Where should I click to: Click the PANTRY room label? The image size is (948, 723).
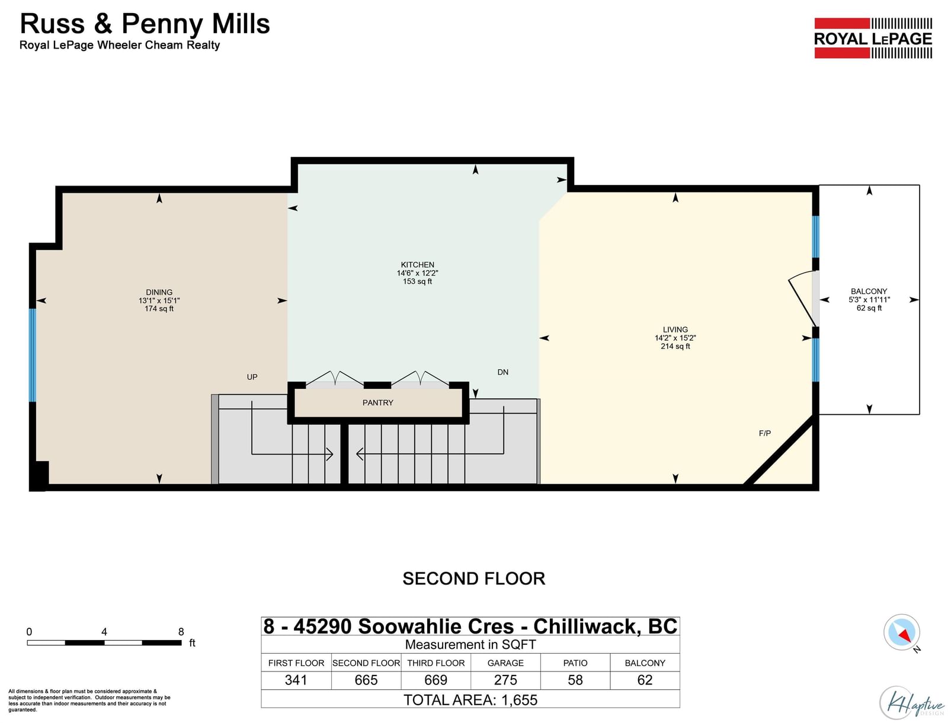(377, 402)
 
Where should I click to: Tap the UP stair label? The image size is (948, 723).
(252, 377)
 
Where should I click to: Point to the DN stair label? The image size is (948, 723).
(502, 372)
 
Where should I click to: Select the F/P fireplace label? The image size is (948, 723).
(764, 433)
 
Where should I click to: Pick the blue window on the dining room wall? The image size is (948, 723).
(33, 355)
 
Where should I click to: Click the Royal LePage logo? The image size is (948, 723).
(873, 38)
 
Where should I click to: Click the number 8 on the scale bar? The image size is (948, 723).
(181, 631)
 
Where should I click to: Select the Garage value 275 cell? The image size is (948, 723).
(505, 680)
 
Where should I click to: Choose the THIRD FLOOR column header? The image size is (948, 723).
(435, 663)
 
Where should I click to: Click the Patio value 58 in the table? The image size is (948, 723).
(575, 680)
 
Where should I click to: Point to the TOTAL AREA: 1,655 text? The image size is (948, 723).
(470, 700)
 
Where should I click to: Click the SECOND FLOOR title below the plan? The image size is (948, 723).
(474, 579)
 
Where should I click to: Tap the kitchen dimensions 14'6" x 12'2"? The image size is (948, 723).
(417, 273)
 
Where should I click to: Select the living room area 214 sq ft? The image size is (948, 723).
(675, 346)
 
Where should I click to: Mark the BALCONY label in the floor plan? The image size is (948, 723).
(869, 291)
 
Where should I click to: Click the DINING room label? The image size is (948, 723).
(159, 292)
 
